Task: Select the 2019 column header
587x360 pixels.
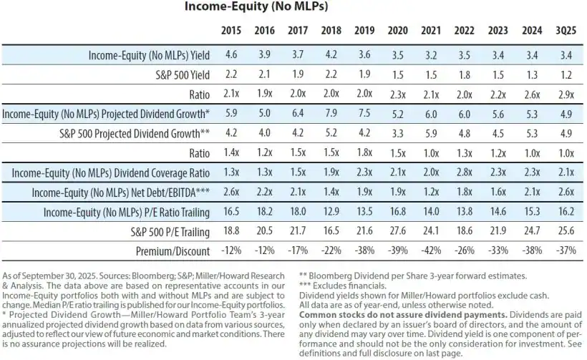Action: pos(365,31)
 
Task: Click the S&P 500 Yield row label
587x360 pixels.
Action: pos(180,74)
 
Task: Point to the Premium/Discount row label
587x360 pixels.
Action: pos(173,251)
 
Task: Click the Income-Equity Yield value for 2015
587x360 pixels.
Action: pos(231,55)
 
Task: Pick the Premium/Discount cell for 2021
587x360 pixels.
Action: pos(431,251)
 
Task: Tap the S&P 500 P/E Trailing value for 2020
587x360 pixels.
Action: pos(398,232)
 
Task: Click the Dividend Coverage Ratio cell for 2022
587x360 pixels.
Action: pos(465,172)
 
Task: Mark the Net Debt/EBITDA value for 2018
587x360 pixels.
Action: pos(331,193)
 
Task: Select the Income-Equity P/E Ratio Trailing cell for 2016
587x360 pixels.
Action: pos(265,213)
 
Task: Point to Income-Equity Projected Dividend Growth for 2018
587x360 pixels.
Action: pos(331,114)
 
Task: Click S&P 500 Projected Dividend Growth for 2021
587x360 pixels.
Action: pos(431,133)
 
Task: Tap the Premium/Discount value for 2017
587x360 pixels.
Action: pos(298,251)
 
